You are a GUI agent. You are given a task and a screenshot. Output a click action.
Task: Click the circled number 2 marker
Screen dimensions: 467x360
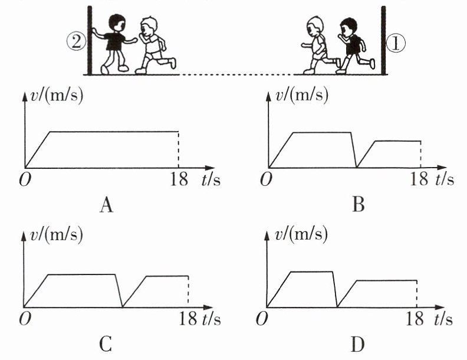click(x=76, y=41)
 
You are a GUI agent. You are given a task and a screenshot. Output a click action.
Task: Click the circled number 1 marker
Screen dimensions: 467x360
click(x=396, y=43)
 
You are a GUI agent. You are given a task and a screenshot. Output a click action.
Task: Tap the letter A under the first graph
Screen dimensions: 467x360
click(x=106, y=205)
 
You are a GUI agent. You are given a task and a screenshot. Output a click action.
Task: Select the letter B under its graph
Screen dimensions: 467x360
click(x=359, y=205)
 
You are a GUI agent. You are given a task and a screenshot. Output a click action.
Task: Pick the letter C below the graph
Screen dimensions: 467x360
click(x=106, y=344)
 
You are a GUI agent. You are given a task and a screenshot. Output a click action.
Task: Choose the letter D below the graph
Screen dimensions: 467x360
click(x=358, y=345)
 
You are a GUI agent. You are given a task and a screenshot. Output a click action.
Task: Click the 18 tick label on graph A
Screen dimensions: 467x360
click(x=179, y=179)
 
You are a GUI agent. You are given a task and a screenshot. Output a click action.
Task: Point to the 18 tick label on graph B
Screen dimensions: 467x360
click(x=419, y=179)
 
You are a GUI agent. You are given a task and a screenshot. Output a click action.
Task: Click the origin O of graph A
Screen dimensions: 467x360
click(x=25, y=179)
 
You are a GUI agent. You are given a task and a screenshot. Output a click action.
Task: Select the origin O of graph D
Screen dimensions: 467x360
click(x=262, y=319)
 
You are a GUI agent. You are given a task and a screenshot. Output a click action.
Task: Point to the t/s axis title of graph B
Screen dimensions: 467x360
click(x=445, y=179)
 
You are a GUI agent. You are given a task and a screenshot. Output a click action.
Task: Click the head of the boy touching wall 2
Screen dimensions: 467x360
click(x=117, y=22)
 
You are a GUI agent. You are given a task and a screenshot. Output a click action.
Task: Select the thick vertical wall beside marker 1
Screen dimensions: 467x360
click(x=383, y=40)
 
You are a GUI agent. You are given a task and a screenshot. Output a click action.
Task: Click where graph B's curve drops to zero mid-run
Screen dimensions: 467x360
click(x=357, y=167)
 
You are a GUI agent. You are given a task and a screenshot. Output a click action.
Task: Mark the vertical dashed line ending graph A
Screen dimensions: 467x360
click(x=179, y=149)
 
